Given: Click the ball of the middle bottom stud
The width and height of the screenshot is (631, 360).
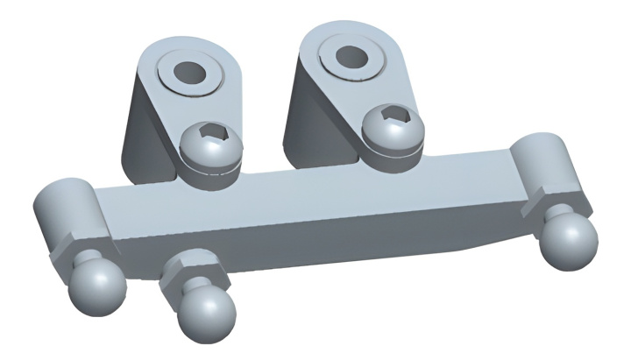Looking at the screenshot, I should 208,315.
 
